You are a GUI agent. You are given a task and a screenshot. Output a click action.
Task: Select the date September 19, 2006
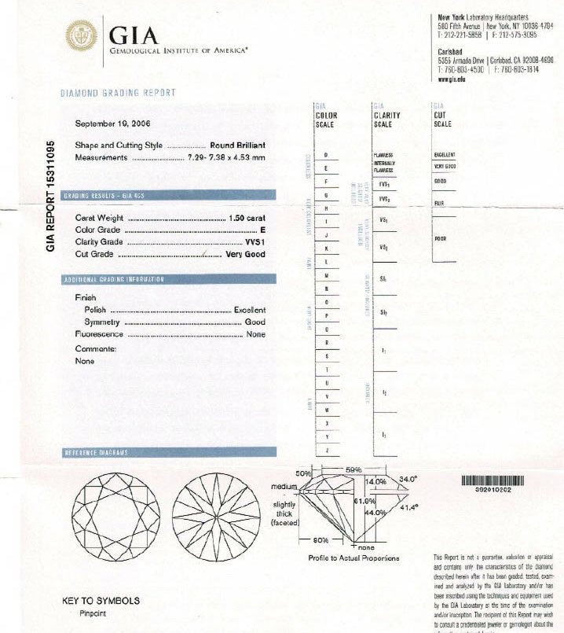coord(113,124)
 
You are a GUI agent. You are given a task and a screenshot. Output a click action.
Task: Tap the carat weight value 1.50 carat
coord(247,218)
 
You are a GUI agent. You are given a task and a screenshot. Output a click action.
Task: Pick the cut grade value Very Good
coord(246,254)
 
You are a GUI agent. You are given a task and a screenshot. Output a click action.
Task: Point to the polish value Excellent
coord(250,310)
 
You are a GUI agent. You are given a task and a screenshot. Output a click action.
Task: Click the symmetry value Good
coord(255,322)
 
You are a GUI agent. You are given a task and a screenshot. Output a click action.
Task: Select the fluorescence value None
coord(256,334)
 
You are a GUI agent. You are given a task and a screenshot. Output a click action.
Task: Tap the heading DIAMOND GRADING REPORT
coord(119,93)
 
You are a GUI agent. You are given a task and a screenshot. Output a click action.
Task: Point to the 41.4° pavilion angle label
coord(409,507)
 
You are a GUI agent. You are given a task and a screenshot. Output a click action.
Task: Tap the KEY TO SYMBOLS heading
coord(101,602)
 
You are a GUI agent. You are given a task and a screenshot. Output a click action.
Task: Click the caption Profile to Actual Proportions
coord(353,558)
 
